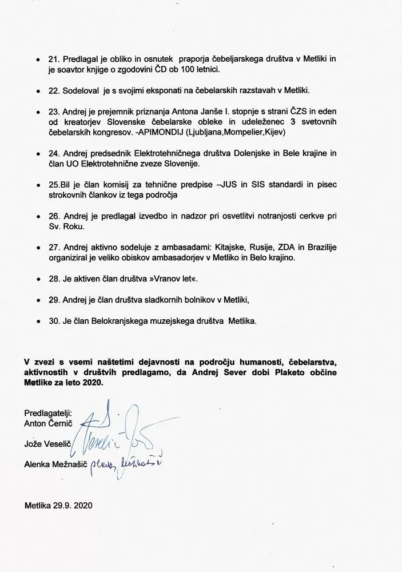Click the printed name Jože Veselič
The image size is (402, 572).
click(x=46, y=442)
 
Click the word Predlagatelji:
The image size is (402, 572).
click(x=47, y=414)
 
